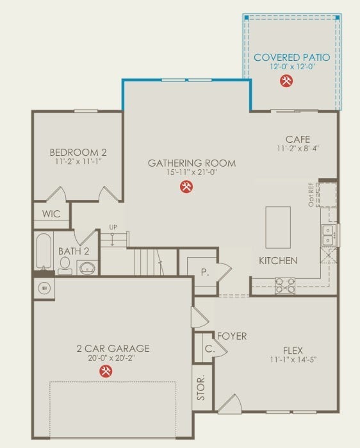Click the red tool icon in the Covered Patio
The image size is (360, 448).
pyautogui.click(x=286, y=81)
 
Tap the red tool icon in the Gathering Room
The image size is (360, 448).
pyautogui.click(x=186, y=187)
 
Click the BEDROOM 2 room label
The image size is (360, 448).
pyautogui.click(x=78, y=153)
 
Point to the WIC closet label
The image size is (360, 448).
pyautogui.click(x=51, y=214)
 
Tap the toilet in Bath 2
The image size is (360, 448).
pyautogui.click(x=65, y=268)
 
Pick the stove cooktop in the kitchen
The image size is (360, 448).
pyautogui.click(x=285, y=285)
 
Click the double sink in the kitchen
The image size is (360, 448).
pyautogui.click(x=328, y=235)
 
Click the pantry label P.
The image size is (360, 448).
pyautogui.click(x=204, y=272)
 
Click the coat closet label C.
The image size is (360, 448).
pyautogui.click(x=209, y=349)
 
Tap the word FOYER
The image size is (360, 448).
pyautogui.click(x=232, y=336)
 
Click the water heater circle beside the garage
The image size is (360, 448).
pyautogui.click(x=44, y=288)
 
